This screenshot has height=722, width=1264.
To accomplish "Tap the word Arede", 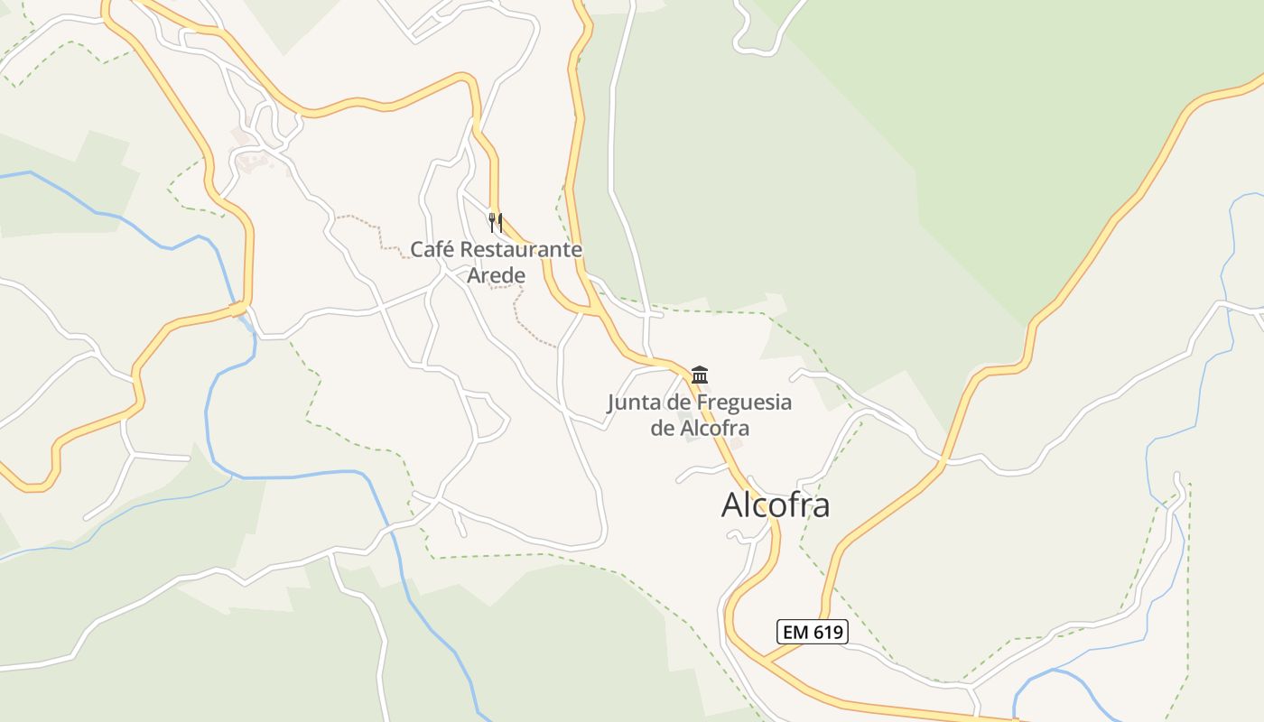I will tap(496, 273).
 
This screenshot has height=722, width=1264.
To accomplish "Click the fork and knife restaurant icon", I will tap(495, 222).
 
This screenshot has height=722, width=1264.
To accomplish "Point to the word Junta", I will tap(634, 403).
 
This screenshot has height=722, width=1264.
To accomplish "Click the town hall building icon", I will tap(700, 375).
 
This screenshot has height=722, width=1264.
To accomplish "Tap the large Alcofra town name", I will tap(775, 505).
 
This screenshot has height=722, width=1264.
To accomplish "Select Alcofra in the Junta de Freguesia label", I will tap(714, 428).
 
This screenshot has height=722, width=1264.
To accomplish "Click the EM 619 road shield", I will tap(813, 632).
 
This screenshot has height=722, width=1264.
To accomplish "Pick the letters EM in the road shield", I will tap(795, 632).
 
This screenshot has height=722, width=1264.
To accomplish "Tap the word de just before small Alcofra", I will tap(662, 428).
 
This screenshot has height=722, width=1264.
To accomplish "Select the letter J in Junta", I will tap(611, 403).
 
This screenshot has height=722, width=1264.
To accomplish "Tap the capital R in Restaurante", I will tap(468, 249).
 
